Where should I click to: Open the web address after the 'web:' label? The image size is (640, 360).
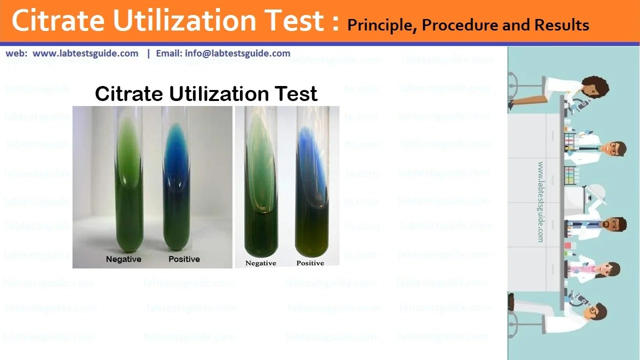pyautogui.click(x=85, y=53)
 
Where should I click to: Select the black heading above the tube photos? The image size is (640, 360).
pyautogui.click(x=206, y=93)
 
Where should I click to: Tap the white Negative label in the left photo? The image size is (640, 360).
pyautogui.click(x=123, y=259)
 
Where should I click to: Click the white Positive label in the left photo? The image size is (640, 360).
pyautogui.click(x=184, y=259)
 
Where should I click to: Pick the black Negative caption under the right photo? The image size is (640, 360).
pyautogui.click(x=260, y=263)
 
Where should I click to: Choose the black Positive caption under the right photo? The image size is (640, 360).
pyautogui.click(x=310, y=263)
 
